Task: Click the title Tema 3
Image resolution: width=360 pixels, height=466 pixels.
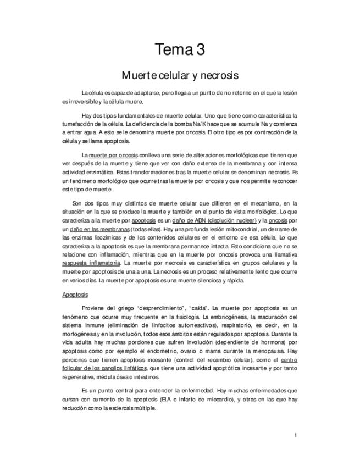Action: [180, 50]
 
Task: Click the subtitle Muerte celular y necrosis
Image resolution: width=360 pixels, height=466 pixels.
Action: [180, 74]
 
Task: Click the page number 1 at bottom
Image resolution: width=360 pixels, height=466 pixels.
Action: [295, 435]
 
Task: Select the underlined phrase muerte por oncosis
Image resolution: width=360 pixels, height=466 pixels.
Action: [113, 155]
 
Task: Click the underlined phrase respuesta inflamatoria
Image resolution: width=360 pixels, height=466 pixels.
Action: [91, 263]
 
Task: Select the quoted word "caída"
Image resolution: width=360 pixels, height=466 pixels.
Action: [197, 308]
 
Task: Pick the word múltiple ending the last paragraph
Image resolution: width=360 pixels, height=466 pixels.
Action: [140, 408]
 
